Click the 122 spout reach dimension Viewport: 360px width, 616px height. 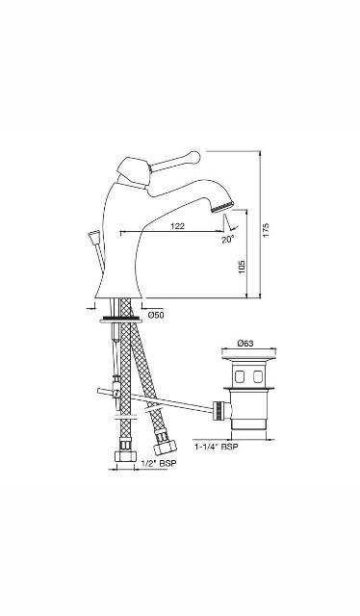tap(177, 226)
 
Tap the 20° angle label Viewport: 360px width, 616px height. tap(227, 240)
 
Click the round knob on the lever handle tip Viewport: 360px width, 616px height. tap(197, 153)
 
